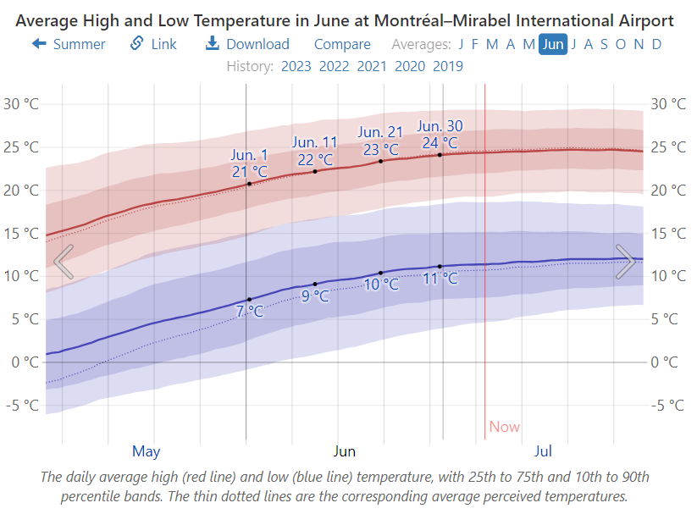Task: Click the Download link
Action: coord(247,44)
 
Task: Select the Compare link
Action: coord(342,44)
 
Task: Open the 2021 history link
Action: coord(373,66)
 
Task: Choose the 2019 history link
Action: coord(447,66)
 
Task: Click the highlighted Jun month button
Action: coord(553,44)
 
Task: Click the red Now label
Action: coord(504,427)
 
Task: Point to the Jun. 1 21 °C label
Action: coord(249,163)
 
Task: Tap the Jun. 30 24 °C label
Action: coord(440,135)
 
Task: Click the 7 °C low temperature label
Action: coord(249,311)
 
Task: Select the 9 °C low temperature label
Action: coord(315,296)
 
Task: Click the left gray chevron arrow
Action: coord(64,262)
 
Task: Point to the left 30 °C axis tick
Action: coord(21,104)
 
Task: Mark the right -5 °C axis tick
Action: coord(668,405)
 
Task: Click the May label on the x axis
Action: coord(146,450)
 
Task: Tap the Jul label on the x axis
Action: coord(544,450)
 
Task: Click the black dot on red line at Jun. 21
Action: coord(381,161)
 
